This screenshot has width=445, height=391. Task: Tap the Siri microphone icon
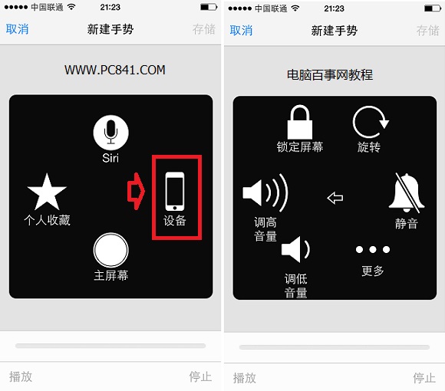[x=110, y=132]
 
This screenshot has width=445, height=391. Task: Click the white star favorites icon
[x=47, y=192]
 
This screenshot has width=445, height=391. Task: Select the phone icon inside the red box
[x=175, y=192]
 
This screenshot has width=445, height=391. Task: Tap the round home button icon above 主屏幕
[x=110, y=249]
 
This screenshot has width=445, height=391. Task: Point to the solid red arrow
[x=136, y=192]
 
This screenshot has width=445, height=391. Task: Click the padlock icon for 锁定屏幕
[x=299, y=122]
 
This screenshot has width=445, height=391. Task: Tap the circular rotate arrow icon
[x=370, y=122]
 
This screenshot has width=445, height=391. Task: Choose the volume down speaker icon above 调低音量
[x=295, y=249]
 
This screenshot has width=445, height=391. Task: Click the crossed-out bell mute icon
[x=407, y=192]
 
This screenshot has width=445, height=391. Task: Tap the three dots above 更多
[x=373, y=250]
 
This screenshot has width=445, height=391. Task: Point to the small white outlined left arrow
[x=335, y=199]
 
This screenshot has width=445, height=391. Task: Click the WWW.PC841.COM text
[x=114, y=70]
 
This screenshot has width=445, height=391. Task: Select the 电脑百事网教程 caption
[x=329, y=75]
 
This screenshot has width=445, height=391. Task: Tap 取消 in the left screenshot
[x=17, y=29]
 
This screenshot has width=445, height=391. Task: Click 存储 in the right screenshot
[x=427, y=31]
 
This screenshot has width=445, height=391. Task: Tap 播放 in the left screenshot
[x=21, y=376]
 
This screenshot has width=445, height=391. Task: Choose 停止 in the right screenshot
[x=424, y=377]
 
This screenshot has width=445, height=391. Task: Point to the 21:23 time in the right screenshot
[x=334, y=8]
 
